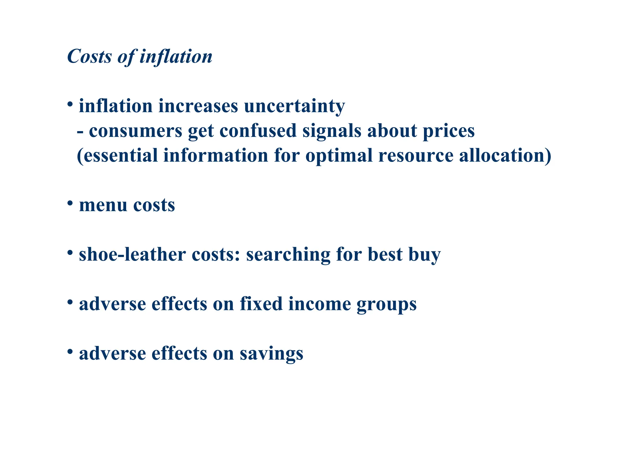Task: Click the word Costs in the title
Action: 89,56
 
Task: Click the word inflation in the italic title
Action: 176,56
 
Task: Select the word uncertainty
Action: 294,106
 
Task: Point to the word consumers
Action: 135,131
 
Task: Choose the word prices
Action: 449,131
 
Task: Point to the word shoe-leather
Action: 132,255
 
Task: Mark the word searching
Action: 288,255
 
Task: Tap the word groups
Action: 387,304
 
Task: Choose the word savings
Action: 272,354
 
